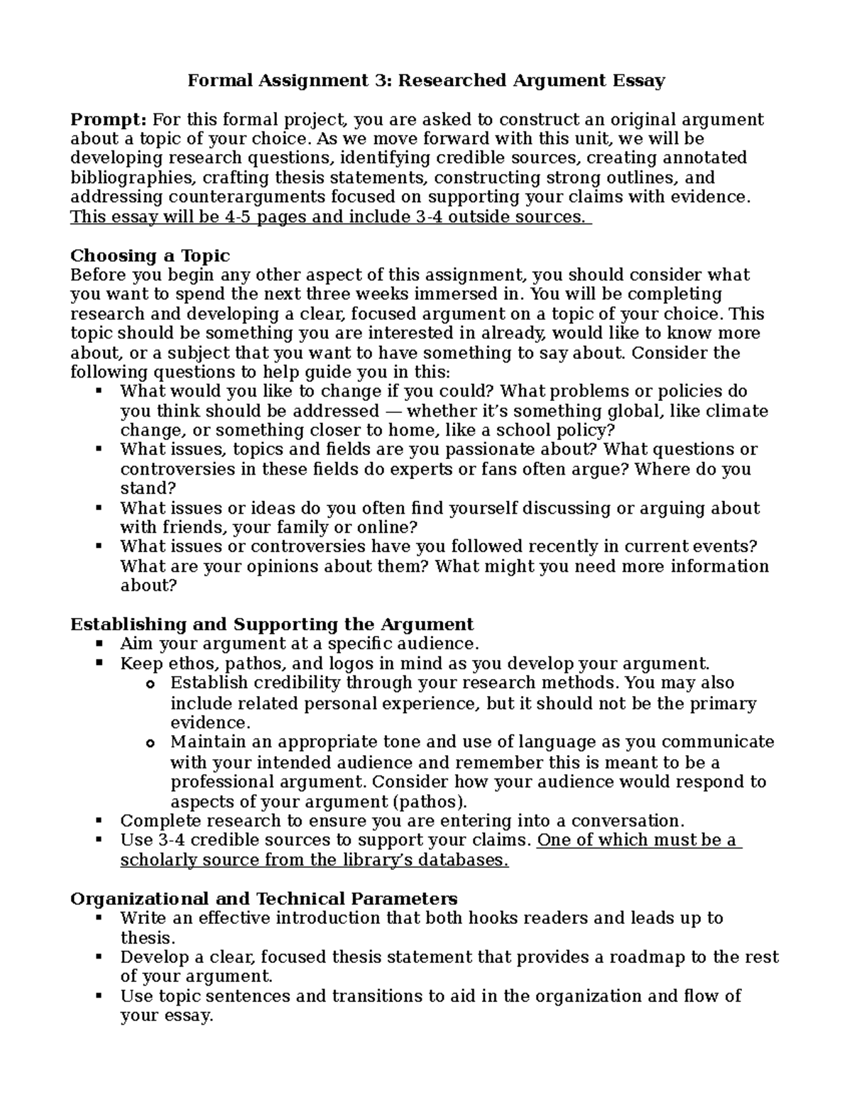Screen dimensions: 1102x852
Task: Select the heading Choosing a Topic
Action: tap(150, 255)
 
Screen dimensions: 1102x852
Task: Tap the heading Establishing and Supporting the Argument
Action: tap(271, 624)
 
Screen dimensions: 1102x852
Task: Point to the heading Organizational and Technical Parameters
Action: tap(263, 898)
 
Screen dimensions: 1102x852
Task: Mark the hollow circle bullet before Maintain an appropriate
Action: tap(149, 743)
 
